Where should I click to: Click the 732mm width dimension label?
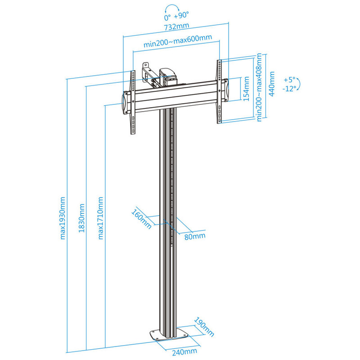[x=176, y=26]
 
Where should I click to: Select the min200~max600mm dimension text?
[x=178, y=40]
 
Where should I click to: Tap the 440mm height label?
[x=272, y=84]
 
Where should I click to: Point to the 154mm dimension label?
[x=246, y=89]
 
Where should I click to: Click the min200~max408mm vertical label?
[x=259, y=87]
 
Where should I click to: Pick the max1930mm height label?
[x=63, y=218]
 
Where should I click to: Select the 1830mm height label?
[x=81, y=218]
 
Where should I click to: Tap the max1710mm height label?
[x=100, y=218]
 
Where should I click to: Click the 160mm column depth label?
[x=141, y=219]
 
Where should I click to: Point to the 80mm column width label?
[x=195, y=236]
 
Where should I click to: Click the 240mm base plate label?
[x=184, y=352]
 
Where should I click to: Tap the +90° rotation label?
[x=181, y=16]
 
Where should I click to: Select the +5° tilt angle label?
[x=289, y=80]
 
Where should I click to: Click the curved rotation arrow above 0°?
[x=172, y=8]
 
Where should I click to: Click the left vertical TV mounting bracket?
[x=132, y=102]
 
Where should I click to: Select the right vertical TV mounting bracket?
[x=220, y=91]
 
